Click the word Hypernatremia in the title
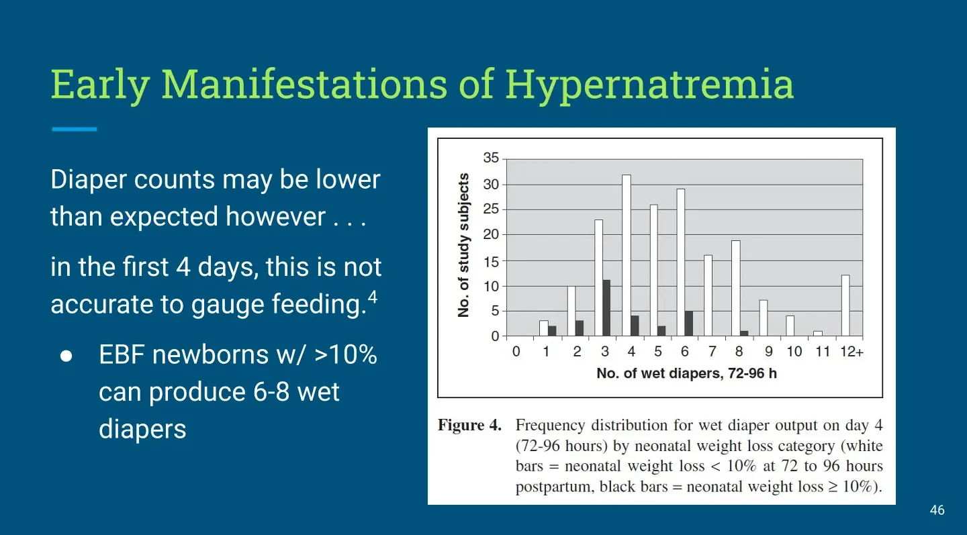coord(649,85)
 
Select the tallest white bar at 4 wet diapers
coord(627,256)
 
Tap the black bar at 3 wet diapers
coord(606,308)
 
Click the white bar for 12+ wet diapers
coord(845,305)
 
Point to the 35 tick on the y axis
coord(491,158)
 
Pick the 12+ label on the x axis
coord(851,352)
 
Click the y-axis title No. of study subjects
coord(463,245)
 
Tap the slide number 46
coord(937,510)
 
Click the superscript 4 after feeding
coord(373,297)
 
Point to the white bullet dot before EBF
coord(66,356)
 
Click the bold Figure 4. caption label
coord(469,426)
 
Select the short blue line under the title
coord(75,129)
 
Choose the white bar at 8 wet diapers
coord(736,288)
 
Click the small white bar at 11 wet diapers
coord(818,334)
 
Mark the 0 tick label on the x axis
coord(516,352)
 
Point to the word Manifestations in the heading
coord(305,84)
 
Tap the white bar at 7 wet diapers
coord(708,295)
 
